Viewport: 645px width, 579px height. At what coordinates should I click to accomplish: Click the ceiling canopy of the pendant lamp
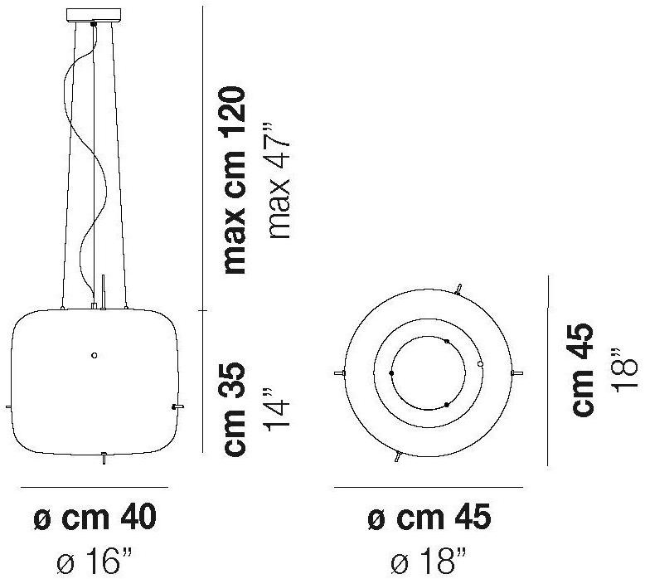[94, 14]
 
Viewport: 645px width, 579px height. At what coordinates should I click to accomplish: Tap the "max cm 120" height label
[234, 180]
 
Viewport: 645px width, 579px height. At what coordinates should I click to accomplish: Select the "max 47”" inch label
[279, 180]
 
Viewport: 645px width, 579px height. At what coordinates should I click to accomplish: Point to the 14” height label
[278, 409]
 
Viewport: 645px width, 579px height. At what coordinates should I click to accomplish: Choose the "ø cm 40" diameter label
[95, 518]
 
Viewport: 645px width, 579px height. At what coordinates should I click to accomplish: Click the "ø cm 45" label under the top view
[429, 518]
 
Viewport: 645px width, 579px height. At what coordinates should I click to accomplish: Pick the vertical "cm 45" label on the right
[583, 369]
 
